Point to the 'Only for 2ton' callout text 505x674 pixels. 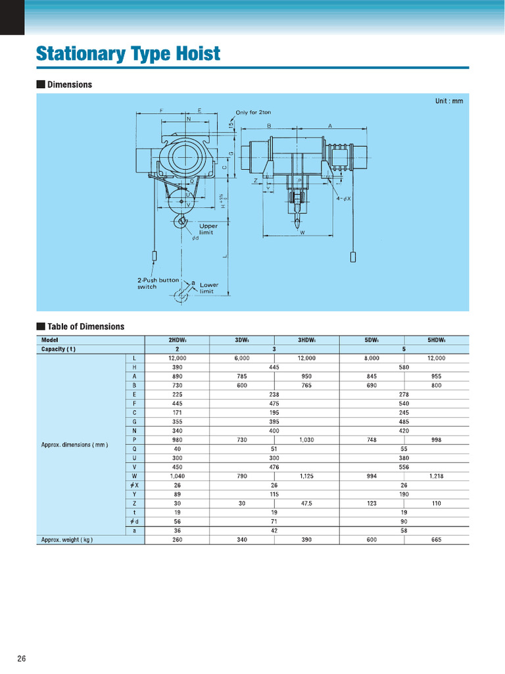tap(253, 113)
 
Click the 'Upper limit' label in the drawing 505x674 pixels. tap(208, 229)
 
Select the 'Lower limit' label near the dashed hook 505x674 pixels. tap(209, 288)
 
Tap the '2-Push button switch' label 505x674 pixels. tap(158, 283)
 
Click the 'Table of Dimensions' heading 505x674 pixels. tap(85, 326)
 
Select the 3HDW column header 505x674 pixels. tap(306, 340)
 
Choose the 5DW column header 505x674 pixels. tap(372, 340)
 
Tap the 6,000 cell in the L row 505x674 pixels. tap(241, 358)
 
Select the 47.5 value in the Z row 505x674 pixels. tap(306, 503)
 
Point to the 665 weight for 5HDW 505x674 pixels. tap(436, 540)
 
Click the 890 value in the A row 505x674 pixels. tap(177, 376)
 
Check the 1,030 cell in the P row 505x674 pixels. tap(306, 440)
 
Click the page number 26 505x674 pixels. tap(22, 659)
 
